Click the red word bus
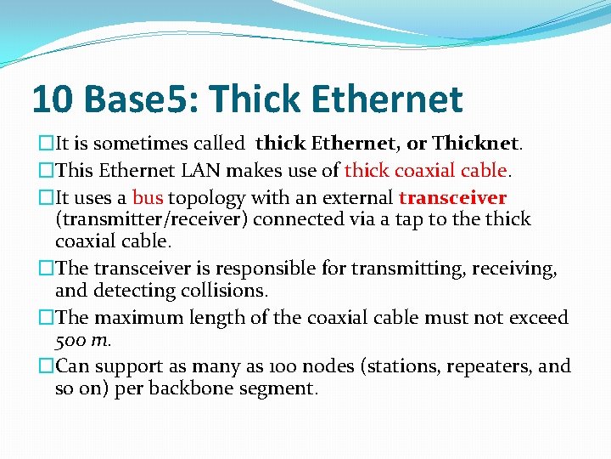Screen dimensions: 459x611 coord(148,198)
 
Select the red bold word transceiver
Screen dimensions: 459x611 coord(452,198)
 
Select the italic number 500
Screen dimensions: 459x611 coord(70,340)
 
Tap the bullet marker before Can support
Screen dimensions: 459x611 coord(47,366)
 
